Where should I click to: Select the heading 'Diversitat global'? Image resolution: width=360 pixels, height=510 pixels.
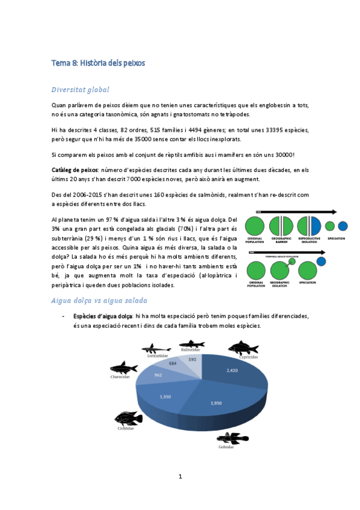(x=80, y=90)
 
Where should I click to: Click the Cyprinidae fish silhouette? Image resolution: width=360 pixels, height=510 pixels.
(x=243, y=348)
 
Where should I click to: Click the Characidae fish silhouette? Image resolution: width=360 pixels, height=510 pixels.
(x=123, y=369)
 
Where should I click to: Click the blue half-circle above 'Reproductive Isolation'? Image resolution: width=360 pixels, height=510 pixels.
(x=316, y=226)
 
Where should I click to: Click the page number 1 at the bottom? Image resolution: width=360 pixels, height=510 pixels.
(x=180, y=476)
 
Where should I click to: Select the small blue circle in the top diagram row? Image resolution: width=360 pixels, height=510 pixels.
(x=343, y=226)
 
